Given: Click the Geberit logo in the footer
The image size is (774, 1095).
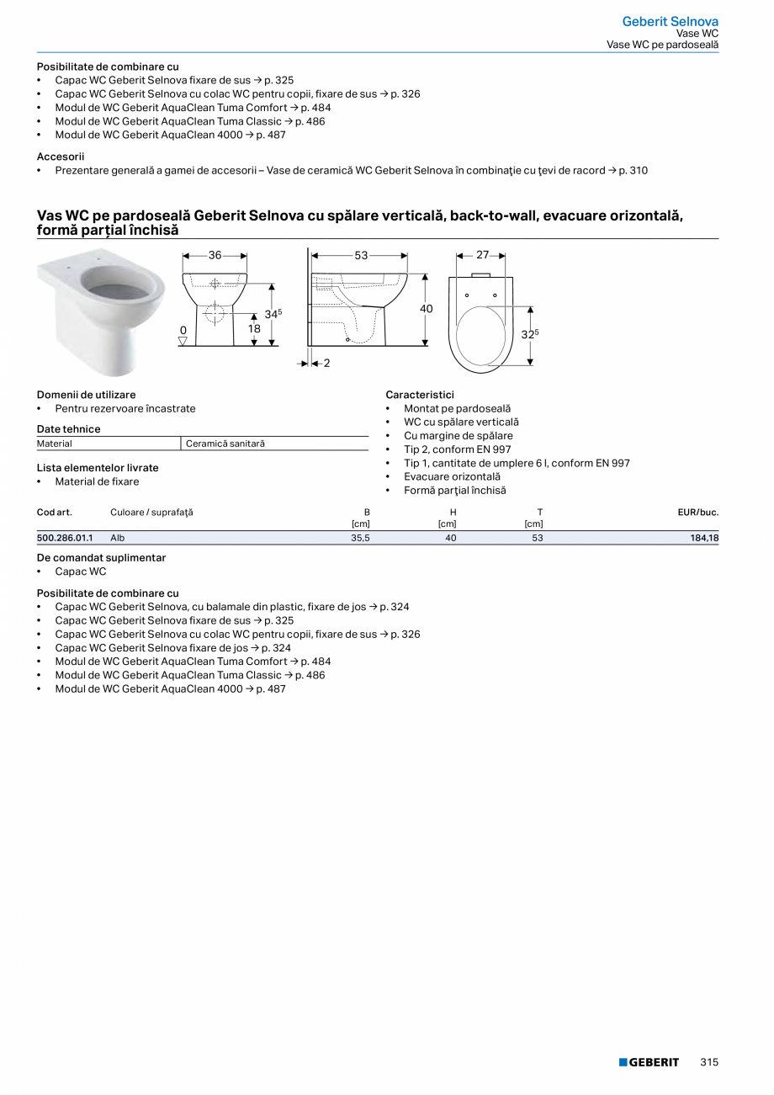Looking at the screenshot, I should coord(649,1062).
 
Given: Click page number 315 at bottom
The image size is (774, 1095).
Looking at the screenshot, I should coord(709,1062).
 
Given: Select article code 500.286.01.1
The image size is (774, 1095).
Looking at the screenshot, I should coord(65,537).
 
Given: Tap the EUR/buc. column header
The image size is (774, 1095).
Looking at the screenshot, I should coord(697,512).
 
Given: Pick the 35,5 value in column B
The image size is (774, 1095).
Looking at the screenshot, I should coord(360,537).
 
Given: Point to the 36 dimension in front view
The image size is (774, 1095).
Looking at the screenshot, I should coord(215,255).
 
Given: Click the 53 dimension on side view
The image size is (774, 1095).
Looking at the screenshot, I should coord(361,255).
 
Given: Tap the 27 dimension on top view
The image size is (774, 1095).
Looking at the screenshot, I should coord(483,254).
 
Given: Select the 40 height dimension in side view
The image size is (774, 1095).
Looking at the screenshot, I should coord(427,309).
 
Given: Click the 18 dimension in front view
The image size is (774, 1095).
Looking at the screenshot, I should coord(254,329).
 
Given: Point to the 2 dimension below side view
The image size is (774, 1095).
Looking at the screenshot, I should coord(326,363).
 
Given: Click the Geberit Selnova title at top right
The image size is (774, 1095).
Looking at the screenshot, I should coord(670,21).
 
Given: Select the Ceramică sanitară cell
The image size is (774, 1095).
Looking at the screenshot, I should coord(225,444).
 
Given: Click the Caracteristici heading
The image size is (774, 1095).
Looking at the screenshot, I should coord(420,394).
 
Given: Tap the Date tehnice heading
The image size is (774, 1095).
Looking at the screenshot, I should coord(68,429).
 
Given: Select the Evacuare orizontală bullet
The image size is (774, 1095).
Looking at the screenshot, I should coord(452,476).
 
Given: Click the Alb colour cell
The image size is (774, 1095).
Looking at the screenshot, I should coord(117,537).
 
